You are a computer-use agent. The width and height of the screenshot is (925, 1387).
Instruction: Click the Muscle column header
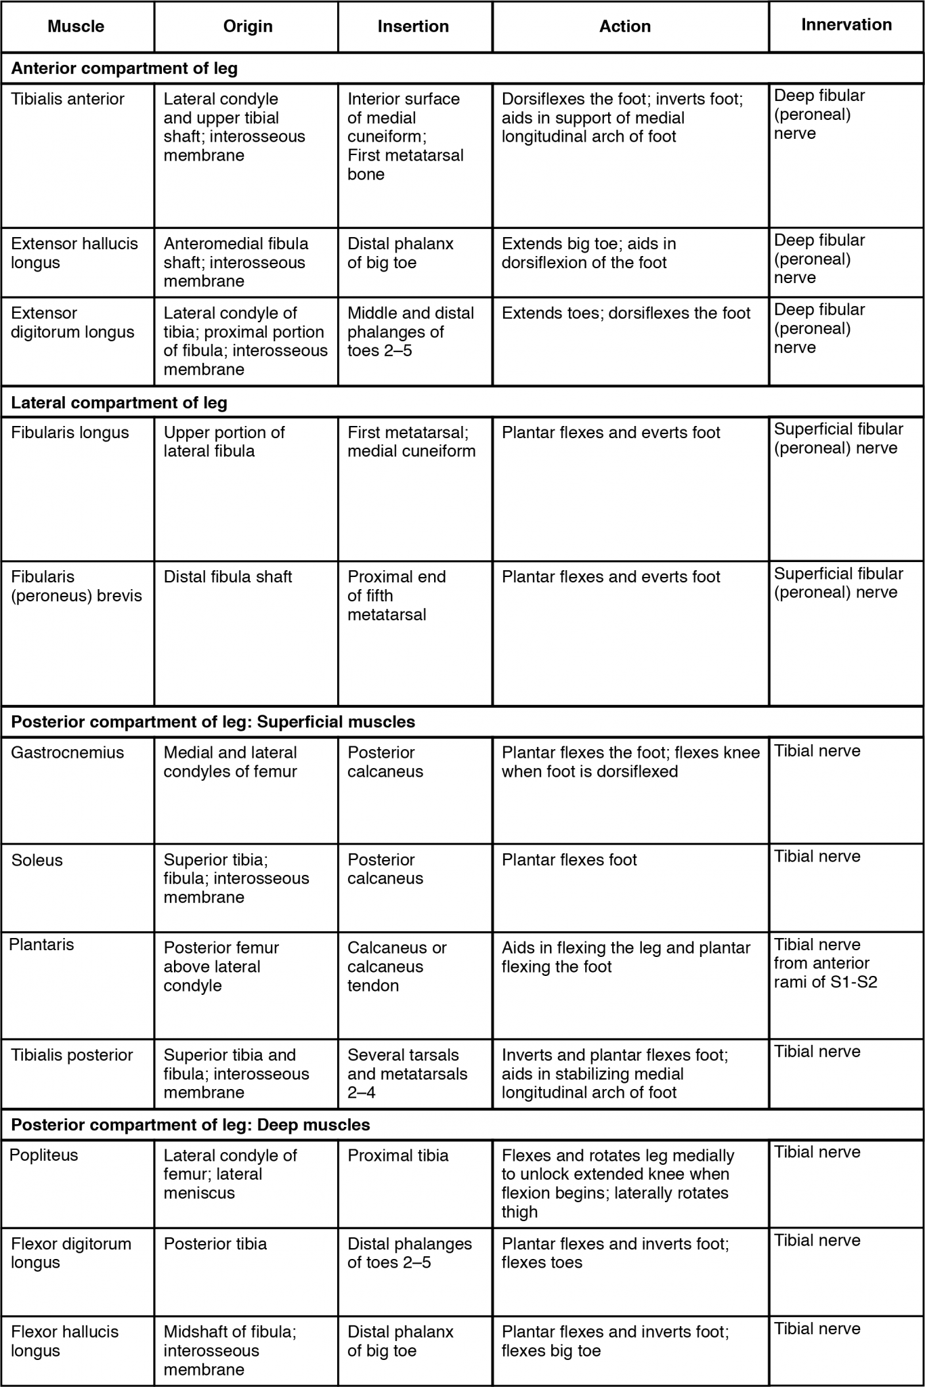76,26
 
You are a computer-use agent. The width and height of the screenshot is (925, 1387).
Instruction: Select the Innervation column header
846,25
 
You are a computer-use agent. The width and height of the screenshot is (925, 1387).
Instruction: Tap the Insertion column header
413,26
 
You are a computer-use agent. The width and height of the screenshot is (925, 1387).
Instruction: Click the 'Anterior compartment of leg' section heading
125,68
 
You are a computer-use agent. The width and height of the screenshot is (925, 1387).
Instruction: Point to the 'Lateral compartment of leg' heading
119,403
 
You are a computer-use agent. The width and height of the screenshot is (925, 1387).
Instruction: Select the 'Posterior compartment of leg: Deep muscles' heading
191,1125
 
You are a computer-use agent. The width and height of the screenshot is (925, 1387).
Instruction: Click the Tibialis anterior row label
68,100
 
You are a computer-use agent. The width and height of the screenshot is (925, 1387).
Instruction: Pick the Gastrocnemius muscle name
68,752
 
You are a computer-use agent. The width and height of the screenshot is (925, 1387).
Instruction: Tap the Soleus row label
37,860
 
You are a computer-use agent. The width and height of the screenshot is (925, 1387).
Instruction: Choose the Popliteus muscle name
44,1155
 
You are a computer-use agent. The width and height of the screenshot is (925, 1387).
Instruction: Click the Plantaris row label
42,945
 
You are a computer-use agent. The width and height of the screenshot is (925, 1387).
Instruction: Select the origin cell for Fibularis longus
224,442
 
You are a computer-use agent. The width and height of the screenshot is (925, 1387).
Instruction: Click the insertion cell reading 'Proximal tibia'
398,1155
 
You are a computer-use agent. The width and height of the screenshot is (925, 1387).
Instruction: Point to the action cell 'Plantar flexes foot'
569,860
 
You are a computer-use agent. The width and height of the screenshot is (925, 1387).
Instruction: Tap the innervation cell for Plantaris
825,963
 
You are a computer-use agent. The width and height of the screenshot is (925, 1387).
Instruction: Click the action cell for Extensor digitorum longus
626,314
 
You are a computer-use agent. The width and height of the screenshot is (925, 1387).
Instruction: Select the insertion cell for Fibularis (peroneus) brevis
397,596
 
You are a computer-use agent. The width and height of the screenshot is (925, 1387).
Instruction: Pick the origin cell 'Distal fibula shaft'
228,577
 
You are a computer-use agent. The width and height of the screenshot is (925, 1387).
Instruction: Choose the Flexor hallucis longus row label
65,1341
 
